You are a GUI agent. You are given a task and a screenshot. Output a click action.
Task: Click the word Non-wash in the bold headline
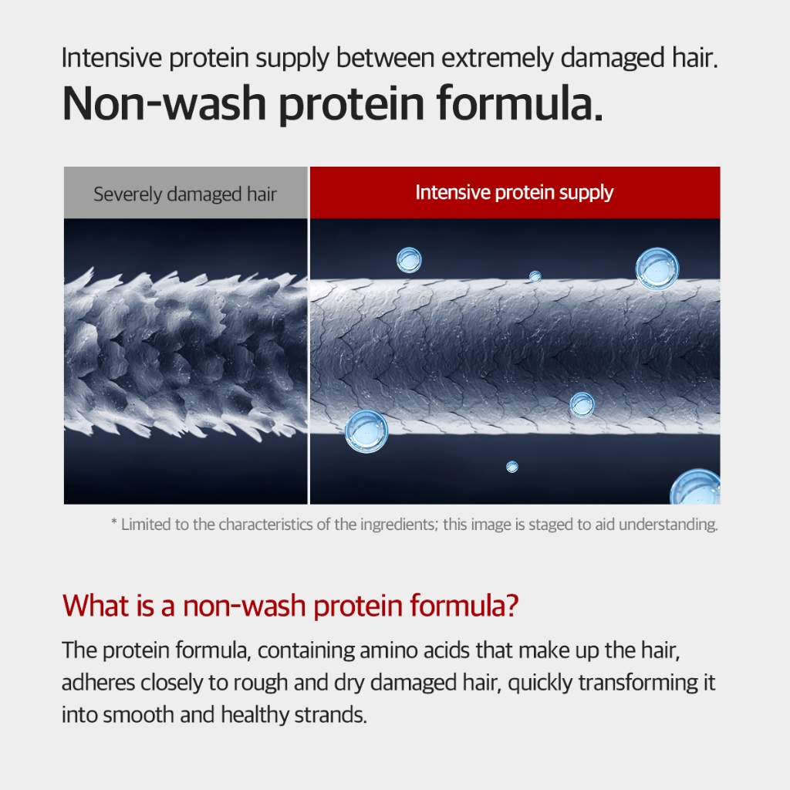[x=164, y=103]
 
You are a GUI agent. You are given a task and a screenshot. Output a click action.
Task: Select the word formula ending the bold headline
[x=520, y=103]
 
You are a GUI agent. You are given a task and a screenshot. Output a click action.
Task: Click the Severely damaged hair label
[x=185, y=194]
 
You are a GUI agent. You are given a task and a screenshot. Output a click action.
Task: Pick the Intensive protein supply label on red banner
[x=515, y=192]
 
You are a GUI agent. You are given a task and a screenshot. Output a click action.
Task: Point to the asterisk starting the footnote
[x=114, y=522]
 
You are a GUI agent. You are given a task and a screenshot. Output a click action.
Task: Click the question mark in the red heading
[x=512, y=605]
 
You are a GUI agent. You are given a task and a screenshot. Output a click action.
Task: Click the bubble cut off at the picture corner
[x=696, y=488]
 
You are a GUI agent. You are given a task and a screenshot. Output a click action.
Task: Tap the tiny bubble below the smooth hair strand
[x=512, y=467]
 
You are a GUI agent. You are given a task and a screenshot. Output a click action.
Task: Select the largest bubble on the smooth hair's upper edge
[x=657, y=268]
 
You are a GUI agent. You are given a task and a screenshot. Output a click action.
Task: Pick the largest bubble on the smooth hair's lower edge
[x=366, y=431]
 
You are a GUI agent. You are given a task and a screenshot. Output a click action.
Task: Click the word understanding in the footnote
[x=668, y=525]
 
